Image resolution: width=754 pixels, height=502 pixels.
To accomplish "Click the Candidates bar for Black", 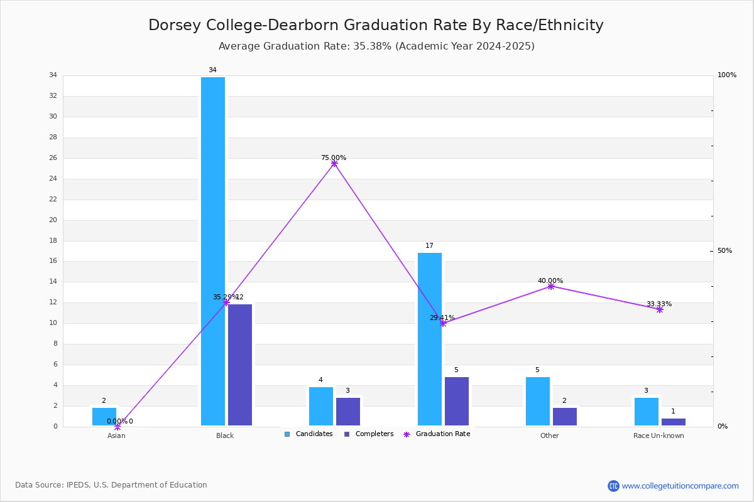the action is pyautogui.click(x=213, y=251).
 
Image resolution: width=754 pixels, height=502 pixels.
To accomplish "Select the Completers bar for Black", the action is pyautogui.click(x=239, y=365).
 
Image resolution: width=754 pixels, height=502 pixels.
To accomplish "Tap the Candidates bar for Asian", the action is pyautogui.click(x=104, y=417).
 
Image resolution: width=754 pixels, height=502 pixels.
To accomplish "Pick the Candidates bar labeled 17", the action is pyautogui.click(x=430, y=339).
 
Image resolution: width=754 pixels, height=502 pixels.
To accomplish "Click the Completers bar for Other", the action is pyautogui.click(x=564, y=417).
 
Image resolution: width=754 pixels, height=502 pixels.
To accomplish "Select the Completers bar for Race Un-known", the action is pyautogui.click(x=673, y=422).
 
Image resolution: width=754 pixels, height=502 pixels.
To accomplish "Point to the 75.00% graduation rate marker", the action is pyautogui.click(x=334, y=163).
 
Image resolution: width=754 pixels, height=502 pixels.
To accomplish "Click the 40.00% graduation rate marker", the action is pyautogui.click(x=550, y=287).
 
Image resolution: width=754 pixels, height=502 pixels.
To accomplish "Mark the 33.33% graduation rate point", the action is pyautogui.click(x=659, y=310).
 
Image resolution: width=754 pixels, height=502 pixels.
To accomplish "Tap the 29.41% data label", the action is pyautogui.click(x=442, y=318).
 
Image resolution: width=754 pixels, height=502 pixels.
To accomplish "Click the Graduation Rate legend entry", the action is pyautogui.click(x=437, y=434).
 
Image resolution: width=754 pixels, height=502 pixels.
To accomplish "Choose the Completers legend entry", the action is pyautogui.click(x=369, y=434).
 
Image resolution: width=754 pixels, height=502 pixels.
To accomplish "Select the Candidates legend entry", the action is pyautogui.click(x=309, y=434).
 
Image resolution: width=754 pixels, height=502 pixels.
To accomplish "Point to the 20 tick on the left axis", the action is pyautogui.click(x=53, y=220).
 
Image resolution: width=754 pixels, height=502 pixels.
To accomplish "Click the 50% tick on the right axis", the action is pyautogui.click(x=724, y=250).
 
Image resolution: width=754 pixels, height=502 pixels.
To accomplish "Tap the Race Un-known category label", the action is pyautogui.click(x=658, y=435).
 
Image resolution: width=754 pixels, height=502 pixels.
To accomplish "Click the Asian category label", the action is pyautogui.click(x=116, y=435).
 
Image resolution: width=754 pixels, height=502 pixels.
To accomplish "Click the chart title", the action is pyautogui.click(x=376, y=25).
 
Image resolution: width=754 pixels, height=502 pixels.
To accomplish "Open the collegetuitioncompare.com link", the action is pyautogui.click(x=680, y=486).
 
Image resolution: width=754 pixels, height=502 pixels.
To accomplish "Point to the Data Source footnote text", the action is pyautogui.click(x=111, y=485).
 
